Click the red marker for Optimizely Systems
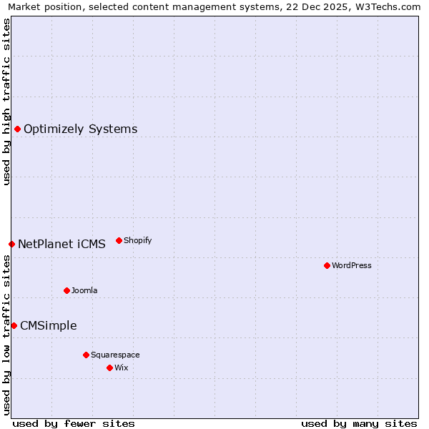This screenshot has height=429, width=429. pyautogui.click(x=17, y=129)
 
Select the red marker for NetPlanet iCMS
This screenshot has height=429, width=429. pyautogui.click(x=11, y=244)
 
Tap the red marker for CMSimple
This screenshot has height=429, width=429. pyautogui.click(x=14, y=325)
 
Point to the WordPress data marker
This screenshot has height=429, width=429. pyautogui.click(x=327, y=265)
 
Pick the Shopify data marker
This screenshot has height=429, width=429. pyautogui.click(x=119, y=240)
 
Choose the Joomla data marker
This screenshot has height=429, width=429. pyautogui.click(x=66, y=290)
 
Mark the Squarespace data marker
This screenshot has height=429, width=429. pyautogui.click(x=86, y=355)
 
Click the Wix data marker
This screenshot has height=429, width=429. pyautogui.click(x=109, y=368)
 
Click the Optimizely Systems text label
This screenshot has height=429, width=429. pyautogui.click(x=80, y=129)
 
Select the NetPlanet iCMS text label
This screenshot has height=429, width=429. pyautogui.click(x=61, y=245)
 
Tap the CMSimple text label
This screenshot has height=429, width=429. pyautogui.click(x=48, y=326)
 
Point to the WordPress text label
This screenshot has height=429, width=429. pyautogui.click(x=352, y=266)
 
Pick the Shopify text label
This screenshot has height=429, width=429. pyautogui.click(x=137, y=241)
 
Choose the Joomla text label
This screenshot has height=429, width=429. pyautogui.click(x=84, y=291)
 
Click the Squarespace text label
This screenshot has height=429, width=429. pyautogui.click(x=115, y=355)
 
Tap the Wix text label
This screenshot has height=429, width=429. pyautogui.click(x=121, y=368)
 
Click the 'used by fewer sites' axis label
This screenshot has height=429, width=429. pyautogui.click(x=74, y=423)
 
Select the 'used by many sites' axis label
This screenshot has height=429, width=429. pyautogui.click(x=359, y=423)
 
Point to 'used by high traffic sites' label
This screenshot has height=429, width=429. pyautogui.click(x=6, y=102)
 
